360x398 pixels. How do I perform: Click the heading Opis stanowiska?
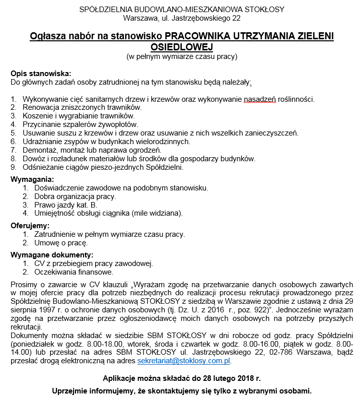pyautogui.click(x=41, y=73)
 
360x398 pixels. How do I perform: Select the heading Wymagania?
pyautogui.click(x=32, y=179)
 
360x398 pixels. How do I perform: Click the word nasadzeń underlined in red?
pyautogui.click(x=260, y=99)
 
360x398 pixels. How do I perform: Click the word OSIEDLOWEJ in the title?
pyautogui.click(x=182, y=46)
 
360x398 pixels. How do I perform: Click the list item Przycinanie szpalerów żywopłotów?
pyautogui.click(x=80, y=124)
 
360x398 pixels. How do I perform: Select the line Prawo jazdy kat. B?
pyautogui.click(x=65, y=205)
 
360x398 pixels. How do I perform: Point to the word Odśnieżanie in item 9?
pyautogui.click(x=42, y=167)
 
